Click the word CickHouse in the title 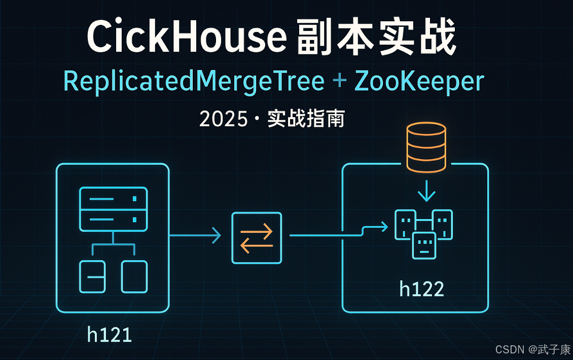[183, 38]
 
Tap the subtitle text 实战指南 [306, 119]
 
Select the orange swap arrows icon [256, 238]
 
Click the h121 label [110, 335]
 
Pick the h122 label [421, 289]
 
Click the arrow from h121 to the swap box [195, 235]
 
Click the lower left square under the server [92, 276]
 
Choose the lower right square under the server [134, 276]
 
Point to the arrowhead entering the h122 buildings [384, 227]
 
